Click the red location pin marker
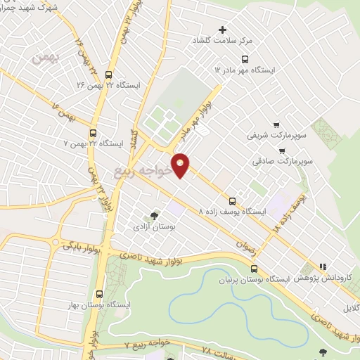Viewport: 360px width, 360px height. point(181,165)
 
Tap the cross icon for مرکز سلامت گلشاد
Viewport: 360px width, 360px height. point(223,30)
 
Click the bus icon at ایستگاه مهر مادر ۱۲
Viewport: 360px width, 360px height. point(245,59)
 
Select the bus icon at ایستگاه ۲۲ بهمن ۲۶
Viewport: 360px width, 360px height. point(108,74)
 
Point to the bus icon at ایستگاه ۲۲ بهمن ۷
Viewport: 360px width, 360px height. point(94,132)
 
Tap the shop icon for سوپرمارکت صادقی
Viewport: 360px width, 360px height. point(282,150)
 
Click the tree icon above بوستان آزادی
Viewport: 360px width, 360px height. point(154,216)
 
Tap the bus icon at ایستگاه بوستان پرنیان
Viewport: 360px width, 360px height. point(254,269)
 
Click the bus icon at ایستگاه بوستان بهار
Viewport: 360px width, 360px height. point(98,294)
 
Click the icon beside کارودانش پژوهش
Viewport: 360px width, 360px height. point(323,266)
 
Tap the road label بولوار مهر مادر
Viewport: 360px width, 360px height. point(207,112)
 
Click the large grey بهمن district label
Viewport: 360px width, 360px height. point(46,57)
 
